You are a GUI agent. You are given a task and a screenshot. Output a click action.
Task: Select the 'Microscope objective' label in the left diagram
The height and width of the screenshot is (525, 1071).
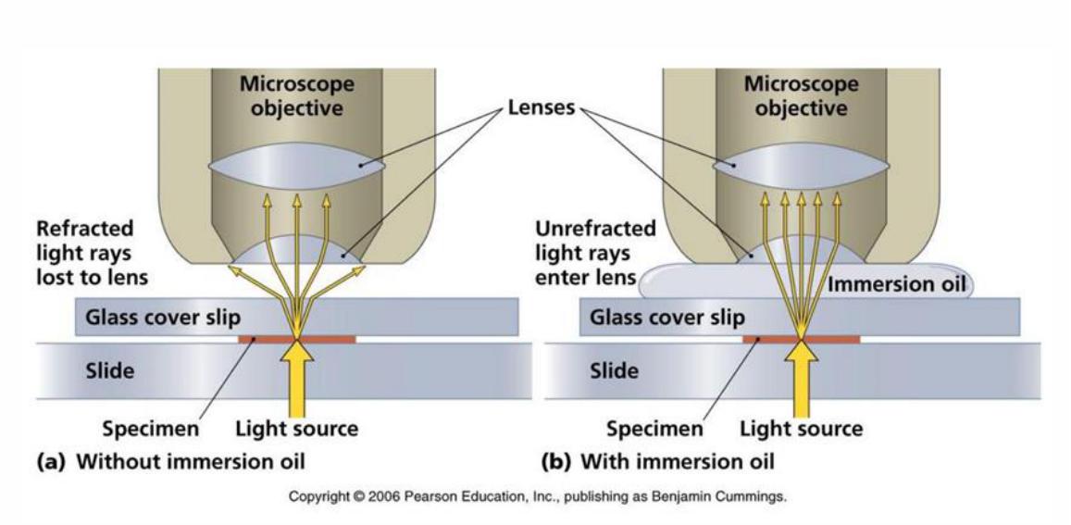[297, 96]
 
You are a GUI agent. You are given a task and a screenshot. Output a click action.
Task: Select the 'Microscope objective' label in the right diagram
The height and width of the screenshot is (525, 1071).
[802, 96]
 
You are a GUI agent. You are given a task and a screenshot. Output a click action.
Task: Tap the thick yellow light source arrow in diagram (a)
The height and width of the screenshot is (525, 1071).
[297, 375]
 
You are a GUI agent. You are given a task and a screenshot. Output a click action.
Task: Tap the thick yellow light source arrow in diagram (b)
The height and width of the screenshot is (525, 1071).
[802, 375]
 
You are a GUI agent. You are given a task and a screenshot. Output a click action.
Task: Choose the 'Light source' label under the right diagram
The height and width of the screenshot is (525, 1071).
[801, 429]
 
